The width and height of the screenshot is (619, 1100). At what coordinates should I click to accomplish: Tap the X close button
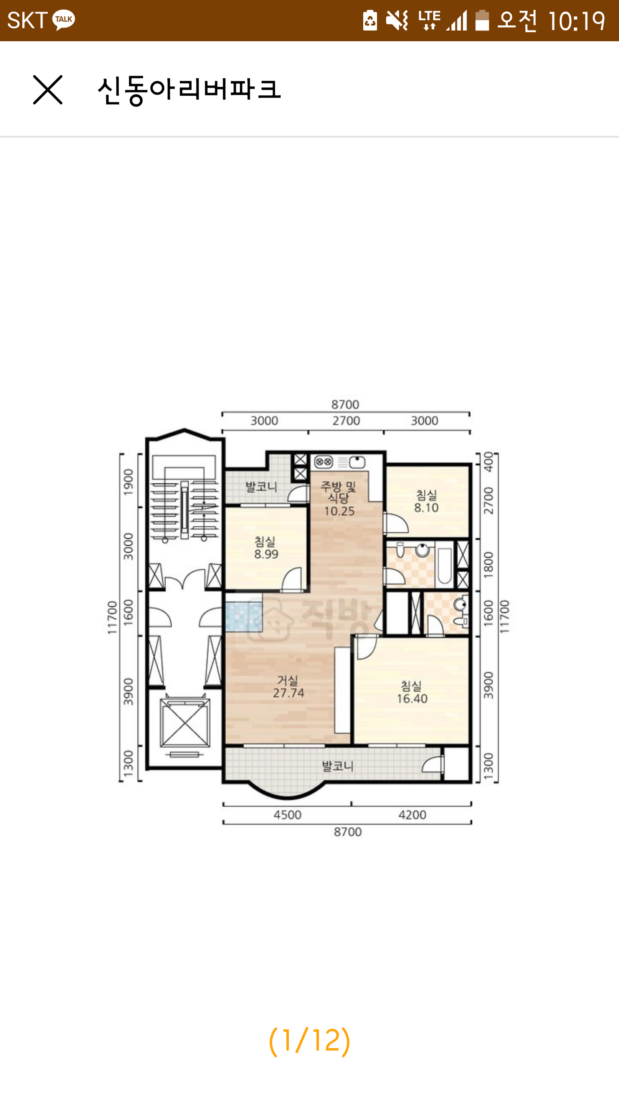(48, 90)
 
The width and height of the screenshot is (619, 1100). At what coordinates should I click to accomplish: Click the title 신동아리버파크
(189, 90)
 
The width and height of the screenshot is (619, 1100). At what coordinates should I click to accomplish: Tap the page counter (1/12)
(309, 1041)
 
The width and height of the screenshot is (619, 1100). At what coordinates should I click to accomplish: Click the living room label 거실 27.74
(288, 687)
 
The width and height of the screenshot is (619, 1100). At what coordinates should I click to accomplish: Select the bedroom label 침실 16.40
(412, 692)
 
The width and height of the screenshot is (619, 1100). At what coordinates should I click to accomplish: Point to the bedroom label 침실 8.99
(266, 548)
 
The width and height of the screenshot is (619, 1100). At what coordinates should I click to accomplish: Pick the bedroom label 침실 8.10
(426, 501)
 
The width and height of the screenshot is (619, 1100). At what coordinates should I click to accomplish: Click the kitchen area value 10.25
(339, 511)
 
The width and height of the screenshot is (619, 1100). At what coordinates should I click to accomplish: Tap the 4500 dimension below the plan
(288, 815)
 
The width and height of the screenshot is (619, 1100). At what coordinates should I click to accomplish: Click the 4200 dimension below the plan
(412, 815)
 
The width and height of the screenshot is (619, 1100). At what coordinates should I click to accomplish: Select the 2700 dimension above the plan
(346, 421)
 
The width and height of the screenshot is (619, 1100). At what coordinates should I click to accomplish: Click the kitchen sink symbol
(357, 462)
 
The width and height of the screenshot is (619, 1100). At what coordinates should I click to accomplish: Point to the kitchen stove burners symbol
(324, 462)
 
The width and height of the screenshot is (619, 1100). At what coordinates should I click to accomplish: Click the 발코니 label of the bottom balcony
(338, 766)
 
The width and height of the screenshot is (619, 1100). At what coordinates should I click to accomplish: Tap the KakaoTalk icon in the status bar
(64, 20)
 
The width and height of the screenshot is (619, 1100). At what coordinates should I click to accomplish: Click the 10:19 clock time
(576, 21)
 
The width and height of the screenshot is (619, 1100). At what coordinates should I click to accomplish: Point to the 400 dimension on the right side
(488, 461)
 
